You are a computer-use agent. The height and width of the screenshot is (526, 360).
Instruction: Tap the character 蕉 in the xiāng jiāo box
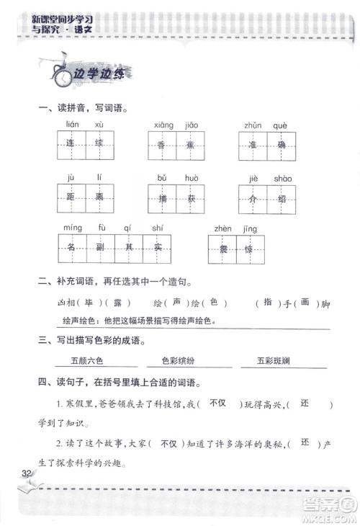click(x=189, y=144)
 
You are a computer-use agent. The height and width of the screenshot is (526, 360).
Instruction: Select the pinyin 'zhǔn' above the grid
click(x=252, y=125)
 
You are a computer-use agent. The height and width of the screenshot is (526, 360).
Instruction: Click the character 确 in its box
click(x=282, y=144)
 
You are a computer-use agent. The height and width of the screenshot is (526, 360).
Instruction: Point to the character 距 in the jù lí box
click(x=71, y=197)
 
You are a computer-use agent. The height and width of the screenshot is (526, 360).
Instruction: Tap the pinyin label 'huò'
click(x=192, y=177)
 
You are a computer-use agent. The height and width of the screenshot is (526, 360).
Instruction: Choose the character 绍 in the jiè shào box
click(x=282, y=197)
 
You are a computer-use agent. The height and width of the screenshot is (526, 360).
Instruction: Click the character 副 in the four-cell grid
click(x=100, y=248)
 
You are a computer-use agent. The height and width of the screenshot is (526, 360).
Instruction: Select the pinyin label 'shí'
click(x=158, y=228)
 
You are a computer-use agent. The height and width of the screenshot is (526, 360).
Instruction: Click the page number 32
click(x=28, y=473)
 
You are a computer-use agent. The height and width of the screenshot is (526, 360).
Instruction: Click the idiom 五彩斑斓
click(x=272, y=359)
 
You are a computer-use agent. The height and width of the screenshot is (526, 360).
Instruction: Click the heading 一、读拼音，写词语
click(x=81, y=108)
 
